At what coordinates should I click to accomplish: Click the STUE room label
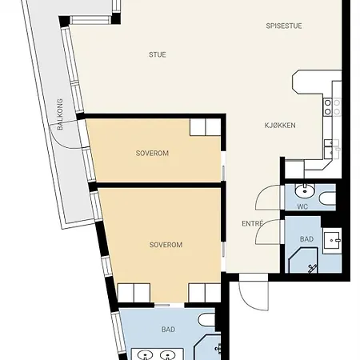pyautogui.click(x=158, y=54)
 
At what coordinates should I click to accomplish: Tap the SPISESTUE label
pyautogui.click(x=284, y=26)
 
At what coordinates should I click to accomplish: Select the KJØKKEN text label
pyautogui.click(x=280, y=126)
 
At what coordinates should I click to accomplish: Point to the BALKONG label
pyautogui.click(x=60, y=114)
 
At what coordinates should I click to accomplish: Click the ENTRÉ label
pyautogui.click(x=253, y=223)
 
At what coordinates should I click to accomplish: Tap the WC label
pyautogui.click(x=302, y=206)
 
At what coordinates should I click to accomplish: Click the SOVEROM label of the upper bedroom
pyautogui.click(x=152, y=154)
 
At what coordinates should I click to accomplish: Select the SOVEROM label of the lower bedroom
pyautogui.click(x=166, y=245)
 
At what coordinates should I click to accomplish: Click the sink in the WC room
pyautogui.click(x=305, y=191)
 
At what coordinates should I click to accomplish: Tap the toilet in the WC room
pyautogui.click(x=327, y=198)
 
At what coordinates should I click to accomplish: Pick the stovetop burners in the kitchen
pyautogui.click(x=332, y=107)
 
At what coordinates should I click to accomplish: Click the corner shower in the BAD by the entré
pyautogui.click(x=303, y=261)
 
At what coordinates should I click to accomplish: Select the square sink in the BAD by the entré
pyautogui.click(x=332, y=241)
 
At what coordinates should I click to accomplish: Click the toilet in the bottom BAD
pyautogui.click(x=206, y=320)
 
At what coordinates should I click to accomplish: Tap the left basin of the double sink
pyautogui.click(x=145, y=355)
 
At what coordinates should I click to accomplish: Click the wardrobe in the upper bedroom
pyautogui.click(x=206, y=127)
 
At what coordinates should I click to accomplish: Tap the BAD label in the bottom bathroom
pyautogui.click(x=168, y=330)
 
